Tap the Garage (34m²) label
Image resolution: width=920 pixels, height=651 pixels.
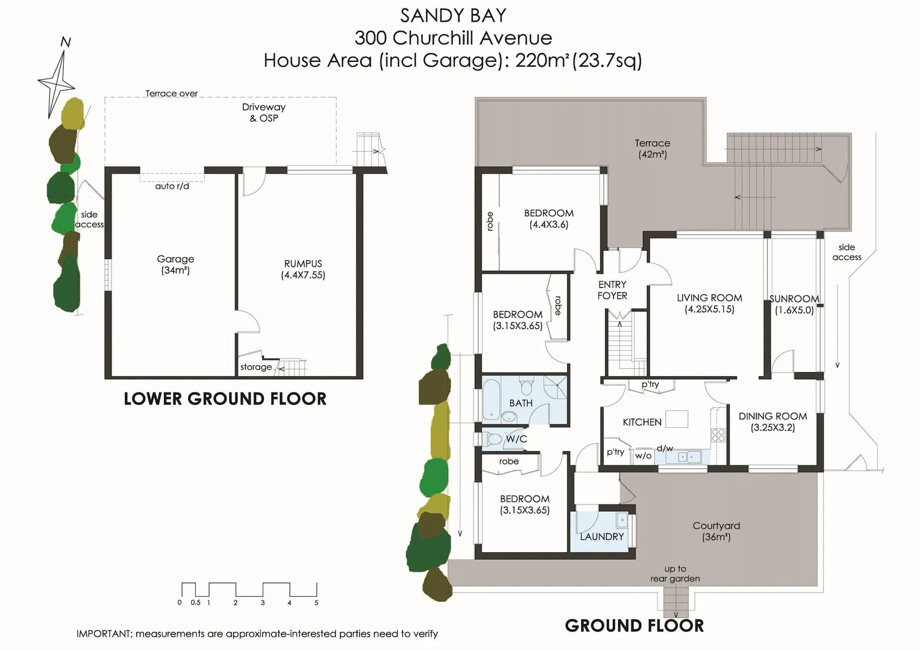pyautogui.click(x=175, y=265)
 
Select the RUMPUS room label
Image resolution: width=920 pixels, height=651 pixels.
pyautogui.click(x=303, y=269)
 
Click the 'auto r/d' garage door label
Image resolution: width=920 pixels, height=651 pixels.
pyautogui.click(x=172, y=186)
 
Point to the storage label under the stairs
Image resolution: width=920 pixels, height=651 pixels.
pyautogui.click(x=256, y=367)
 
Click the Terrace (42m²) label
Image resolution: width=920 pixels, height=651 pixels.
pyautogui.click(x=652, y=148)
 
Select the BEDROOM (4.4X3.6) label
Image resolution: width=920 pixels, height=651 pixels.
pyautogui.click(x=548, y=218)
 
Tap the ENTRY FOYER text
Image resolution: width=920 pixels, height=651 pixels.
pyautogui.click(x=612, y=290)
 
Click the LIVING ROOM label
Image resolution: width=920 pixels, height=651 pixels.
pyautogui.click(x=709, y=303)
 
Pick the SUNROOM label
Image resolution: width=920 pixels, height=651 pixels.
pyautogui.click(x=794, y=304)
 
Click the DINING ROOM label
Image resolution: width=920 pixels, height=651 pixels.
pyautogui.click(x=772, y=421)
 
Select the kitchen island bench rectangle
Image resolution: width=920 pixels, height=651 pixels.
pyautogui.click(x=677, y=419)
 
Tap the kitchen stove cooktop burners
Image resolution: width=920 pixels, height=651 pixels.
pyautogui.click(x=718, y=435)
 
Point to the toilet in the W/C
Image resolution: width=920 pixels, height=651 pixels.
pyautogui.click(x=493, y=439)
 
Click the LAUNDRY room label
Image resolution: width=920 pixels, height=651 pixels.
pyautogui.click(x=601, y=536)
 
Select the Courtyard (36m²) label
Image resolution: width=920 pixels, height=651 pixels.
pyautogui.click(x=716, y=531)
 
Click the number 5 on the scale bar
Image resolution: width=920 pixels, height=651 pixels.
pyautogui.click(x=316, y=602)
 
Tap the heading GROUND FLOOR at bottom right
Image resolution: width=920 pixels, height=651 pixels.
pyautogui.click(x=634, y=626)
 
